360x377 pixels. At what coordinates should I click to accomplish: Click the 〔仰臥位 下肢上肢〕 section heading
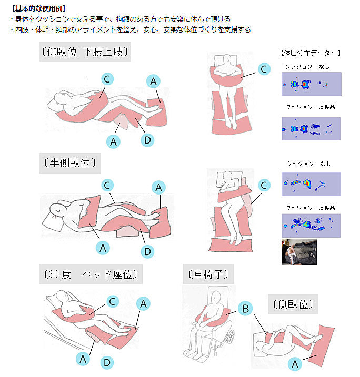pyautogui.click(x=85, y=52)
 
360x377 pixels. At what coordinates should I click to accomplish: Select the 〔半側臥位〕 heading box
pyautogui.click(x=70, y=163)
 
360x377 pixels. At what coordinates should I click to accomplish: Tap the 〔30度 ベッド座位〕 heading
pyautogui.click(x=91, y=274)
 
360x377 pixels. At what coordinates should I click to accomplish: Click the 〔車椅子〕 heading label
pyautogui.click(x=208, y=274)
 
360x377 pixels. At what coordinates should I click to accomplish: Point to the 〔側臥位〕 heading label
pyautogui.click(x=293, y=304)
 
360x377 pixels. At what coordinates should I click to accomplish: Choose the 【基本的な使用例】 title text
pyautogui.click(x=38, y=8)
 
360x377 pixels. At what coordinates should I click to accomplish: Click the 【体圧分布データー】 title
pyautogui.click(x=311, y=53)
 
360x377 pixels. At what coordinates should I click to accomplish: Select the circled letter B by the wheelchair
pyautogui.click(x=245, y=309)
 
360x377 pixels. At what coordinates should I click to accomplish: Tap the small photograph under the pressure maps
pyautogui.click(x=299, y=252)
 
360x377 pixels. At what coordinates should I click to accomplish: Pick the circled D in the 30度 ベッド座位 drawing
pyautogui.click(x=107, y=363)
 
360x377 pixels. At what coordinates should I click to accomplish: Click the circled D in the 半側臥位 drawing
pyautogui.click(x=147, y=251)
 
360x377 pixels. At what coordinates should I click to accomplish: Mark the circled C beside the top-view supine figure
pyautogui.click(x=264, y=69)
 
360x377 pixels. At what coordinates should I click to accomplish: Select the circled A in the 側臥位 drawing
pyautogui.click(x=295, y=364)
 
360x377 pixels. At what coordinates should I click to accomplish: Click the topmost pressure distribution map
pyautogui.click(x=312, y=84)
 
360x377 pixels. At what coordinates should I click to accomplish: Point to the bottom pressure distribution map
pyautogui.click(x=311, y=226)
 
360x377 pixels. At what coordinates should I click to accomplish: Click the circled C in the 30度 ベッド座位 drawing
pyautogui.click(x=113, y=301)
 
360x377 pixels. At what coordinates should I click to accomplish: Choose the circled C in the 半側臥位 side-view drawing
pyautogui.click(x=107, y=186)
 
